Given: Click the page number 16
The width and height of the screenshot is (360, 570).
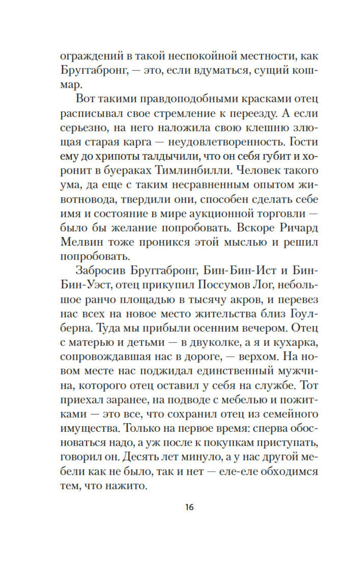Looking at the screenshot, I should tap(190, 507).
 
